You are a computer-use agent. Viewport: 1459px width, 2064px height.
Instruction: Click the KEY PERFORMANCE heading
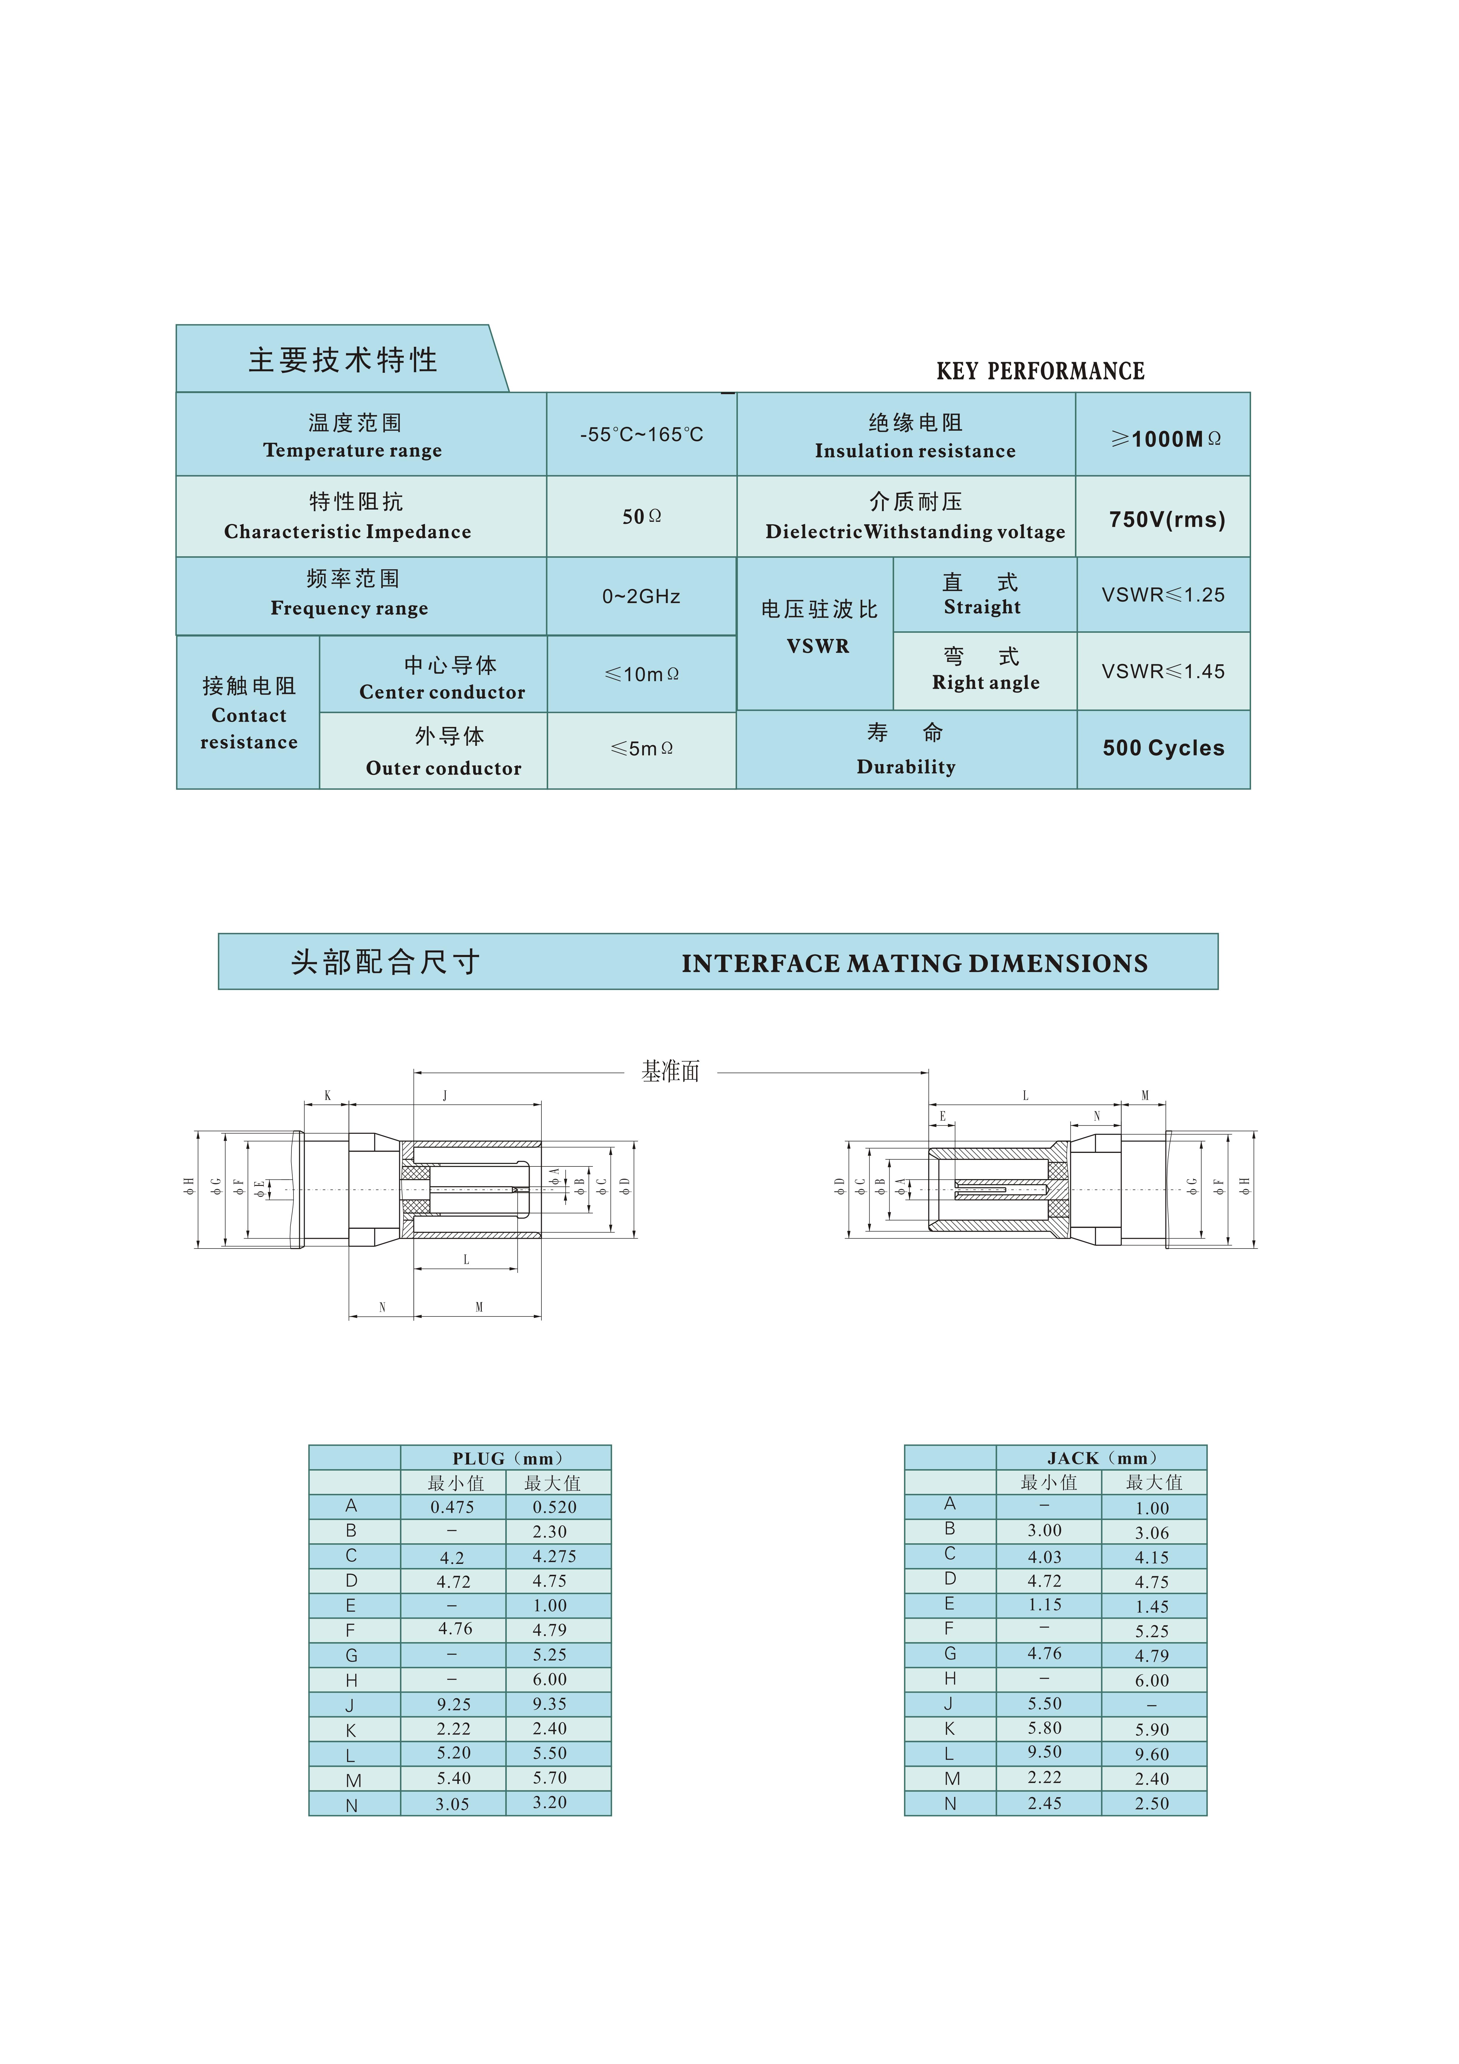tap(1040, 371)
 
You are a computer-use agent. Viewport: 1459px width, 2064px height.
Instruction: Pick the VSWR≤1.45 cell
tap(1163, 672)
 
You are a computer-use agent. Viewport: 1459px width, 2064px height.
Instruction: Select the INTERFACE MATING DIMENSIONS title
tap(914, 964)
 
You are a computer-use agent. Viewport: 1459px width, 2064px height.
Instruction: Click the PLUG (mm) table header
tap(506, 1458)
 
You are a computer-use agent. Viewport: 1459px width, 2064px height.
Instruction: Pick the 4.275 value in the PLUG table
tap(554, 1556)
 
